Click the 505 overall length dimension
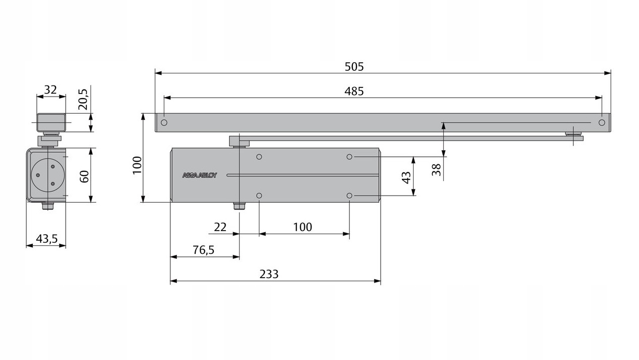(354, 67)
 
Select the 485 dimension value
(354, 92)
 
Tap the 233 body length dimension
(269, 275)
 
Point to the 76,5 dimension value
(204, 250)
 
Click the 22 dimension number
(220, 228)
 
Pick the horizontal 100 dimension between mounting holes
(302, 228)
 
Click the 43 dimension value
(406, 177)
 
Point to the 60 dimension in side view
(84, 176)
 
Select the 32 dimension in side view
(50, 90)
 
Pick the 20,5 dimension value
(83, 99)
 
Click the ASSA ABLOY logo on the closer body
(199, 175)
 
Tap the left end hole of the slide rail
(164, 123)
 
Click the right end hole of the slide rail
(602, 123)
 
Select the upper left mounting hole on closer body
(259, 157)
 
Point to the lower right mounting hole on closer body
(349, 196)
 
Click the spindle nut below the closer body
(239, 206)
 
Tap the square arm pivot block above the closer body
(235, 140)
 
